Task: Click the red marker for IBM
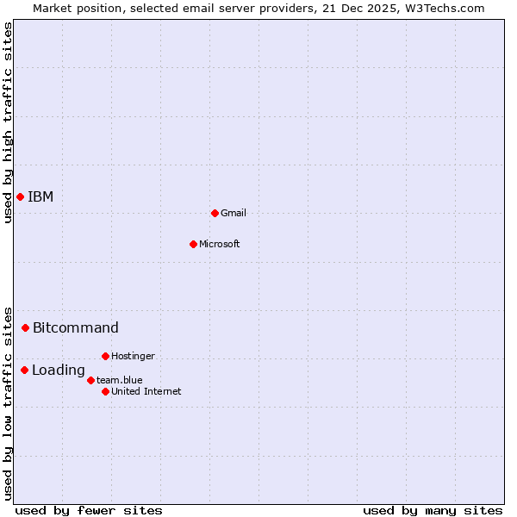click(20, 196)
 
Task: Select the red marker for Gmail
click(215, 213)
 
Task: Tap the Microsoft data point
click(193, 244)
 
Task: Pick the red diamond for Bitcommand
click(25, 327)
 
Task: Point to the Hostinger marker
click(105, 356)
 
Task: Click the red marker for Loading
click(24, 371)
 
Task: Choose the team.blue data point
click(90, 380)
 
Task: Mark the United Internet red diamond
click(105, 391)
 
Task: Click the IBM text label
click(40, 196)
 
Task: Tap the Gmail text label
click(234, 213)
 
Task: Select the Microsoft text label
click(220, 244)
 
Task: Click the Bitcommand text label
click(76, 327)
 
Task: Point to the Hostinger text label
click(134, 356)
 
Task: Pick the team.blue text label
click(120, 380)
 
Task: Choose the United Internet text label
click(146, 391)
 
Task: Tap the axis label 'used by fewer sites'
click(89, 510)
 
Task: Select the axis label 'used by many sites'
click(433, 510)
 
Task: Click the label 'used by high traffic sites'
click(8, 122)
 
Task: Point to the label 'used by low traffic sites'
click(8, 402)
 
